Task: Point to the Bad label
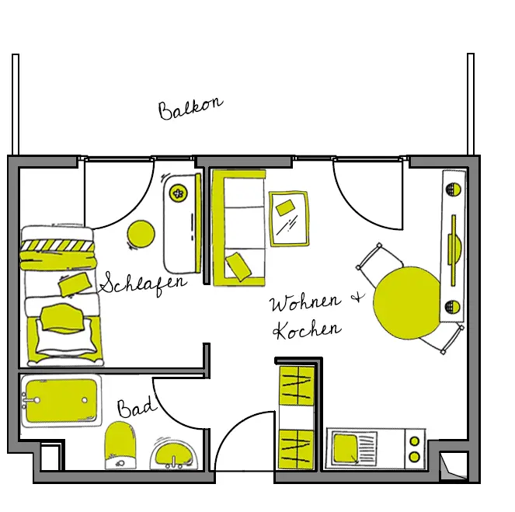137,407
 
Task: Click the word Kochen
307,329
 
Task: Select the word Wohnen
304,302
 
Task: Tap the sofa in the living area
238,226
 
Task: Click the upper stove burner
415,441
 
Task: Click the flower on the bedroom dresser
179,193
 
